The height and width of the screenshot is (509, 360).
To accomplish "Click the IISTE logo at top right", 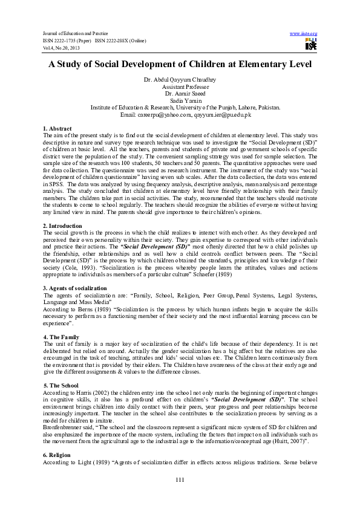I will [x=311, y=44].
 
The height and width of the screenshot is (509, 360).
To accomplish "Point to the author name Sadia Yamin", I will [x=179, y=100].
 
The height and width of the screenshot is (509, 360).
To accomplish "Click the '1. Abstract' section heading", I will [x=57, y=129].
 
